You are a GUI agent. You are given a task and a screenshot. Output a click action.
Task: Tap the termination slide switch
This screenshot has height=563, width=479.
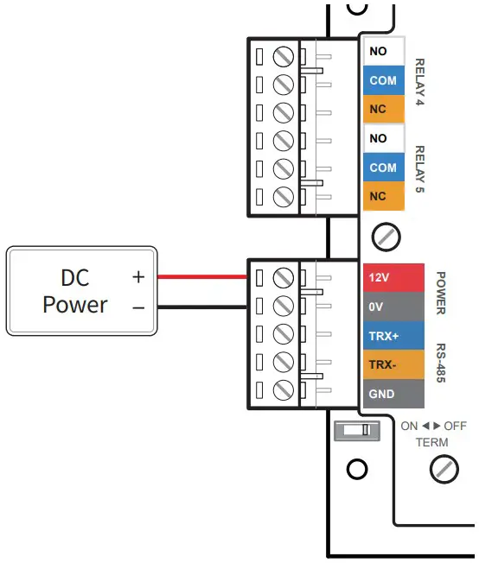pos(356,429)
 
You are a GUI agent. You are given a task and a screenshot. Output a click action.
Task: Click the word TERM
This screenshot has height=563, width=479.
pos(431,442)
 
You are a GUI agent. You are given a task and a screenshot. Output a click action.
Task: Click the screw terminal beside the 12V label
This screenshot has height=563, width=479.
pos(283,278)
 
